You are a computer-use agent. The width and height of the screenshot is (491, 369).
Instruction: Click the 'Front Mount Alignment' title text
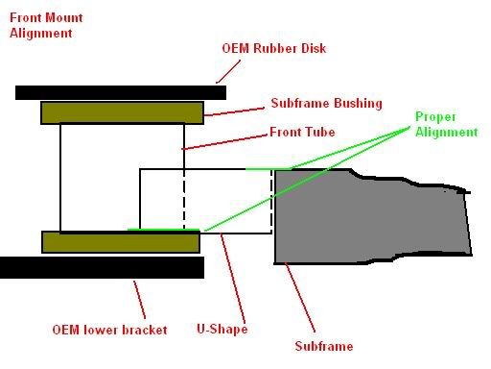pyautogui.click(x=46, y=25)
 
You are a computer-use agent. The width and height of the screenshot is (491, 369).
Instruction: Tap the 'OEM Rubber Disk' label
pyautogui.click(x=274, y=48)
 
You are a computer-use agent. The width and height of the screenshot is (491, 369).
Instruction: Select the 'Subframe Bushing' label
pyautogui.click(x=326, y=103)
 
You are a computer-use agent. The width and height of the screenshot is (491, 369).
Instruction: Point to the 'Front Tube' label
pyautogui.click(x=302, y=132)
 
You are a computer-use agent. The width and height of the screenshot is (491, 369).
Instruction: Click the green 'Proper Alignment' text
pyautogui.click(x=446, y=124)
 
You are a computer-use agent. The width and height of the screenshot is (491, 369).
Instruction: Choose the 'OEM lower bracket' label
pyautogui.click(x=109, y=330)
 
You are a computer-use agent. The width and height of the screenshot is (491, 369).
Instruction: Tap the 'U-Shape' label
pyautogui.click(x=222, y=329)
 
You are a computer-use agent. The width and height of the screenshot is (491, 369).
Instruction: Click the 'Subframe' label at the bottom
pyautogui.click(x=324, y=346)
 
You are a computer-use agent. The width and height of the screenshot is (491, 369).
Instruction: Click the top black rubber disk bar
pyautogui.click(x=121, y=92)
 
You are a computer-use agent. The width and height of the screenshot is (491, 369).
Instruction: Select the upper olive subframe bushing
pyautogui.click(x=122, y=112)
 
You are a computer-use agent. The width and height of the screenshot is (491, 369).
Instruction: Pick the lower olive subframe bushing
pyautogui.click(x=121, y=242)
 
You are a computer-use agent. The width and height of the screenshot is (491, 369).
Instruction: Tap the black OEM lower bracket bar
pyautogui.click(x=102, y=267)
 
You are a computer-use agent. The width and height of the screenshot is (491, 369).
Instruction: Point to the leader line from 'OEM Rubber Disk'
pyautogui.click(x=228, y=71)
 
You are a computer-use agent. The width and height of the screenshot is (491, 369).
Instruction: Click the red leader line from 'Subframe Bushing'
pyautogui.click(x=234, y=111)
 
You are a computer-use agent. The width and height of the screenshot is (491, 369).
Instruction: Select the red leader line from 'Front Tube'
pyautogui.click(x=224, y=142)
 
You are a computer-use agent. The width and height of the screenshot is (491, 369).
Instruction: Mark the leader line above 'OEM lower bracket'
pyautogui.click(x=140, y=300)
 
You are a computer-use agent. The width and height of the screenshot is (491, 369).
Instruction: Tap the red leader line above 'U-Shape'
pyautogui.click(x=233, y=279)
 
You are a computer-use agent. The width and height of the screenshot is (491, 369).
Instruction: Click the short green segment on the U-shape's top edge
pyautogui.click(x=268, y=169)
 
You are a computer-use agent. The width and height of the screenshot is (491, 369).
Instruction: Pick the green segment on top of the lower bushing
pyautogui.click(x=164, y=230)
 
